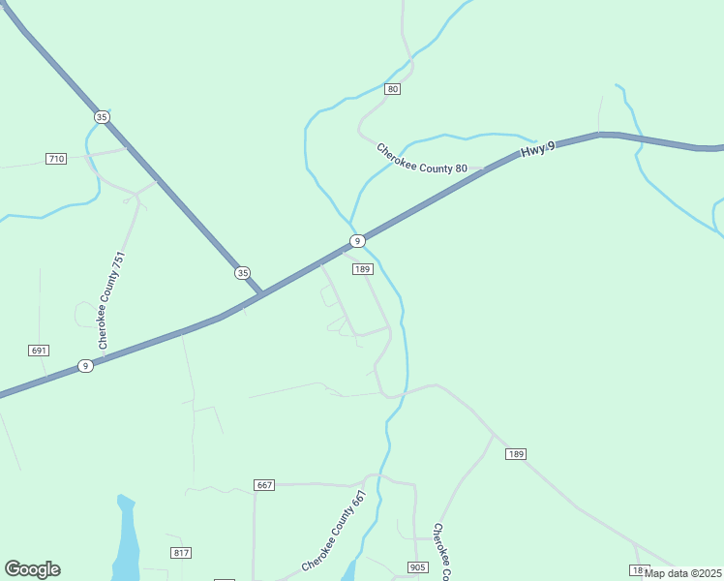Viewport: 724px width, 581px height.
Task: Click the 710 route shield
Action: pos(56,158)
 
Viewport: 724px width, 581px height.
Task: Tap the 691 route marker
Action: pos(39,351)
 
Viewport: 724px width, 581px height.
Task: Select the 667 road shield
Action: pos(264,484)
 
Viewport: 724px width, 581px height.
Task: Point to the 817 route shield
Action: pos(181,552)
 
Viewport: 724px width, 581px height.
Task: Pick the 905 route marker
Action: pos(417,566)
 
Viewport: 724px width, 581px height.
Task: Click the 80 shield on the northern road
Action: pos(392,89)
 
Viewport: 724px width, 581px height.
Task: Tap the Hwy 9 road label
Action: pos(537,150)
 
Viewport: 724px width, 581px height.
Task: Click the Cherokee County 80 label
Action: pos(422,159)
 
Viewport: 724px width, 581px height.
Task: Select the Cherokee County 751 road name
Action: pos(111,300)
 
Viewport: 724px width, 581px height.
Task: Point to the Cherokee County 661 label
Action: pos(334,531)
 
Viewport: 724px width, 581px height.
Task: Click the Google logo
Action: pos(32,569)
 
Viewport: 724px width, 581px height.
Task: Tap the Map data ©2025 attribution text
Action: pos(683,573)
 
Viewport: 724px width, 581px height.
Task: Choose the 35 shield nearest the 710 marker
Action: pos(102,117)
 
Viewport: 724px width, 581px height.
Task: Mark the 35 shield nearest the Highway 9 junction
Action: pos(242,273)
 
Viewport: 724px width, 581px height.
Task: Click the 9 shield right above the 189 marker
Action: pos(357,240)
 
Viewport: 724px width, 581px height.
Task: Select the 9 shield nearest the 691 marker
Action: pos(86,366)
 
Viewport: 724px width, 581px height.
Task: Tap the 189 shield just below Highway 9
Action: pos(362,269)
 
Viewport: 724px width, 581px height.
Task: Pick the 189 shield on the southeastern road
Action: pos(515,454)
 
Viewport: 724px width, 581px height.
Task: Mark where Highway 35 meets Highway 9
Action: pos(262,293)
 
